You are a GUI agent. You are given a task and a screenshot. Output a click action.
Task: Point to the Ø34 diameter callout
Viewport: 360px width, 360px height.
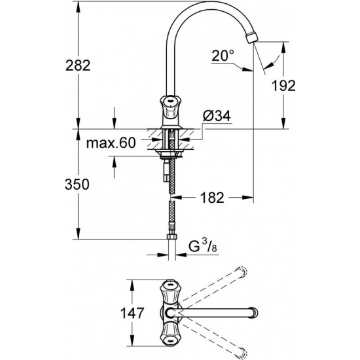(x=217, y=116)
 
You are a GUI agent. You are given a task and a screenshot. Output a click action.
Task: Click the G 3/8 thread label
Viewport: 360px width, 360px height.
(x=200, y=246)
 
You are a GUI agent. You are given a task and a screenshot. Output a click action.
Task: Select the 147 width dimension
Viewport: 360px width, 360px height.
(x=134, y=313)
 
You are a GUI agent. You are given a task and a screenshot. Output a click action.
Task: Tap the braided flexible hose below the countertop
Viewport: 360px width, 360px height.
(x=173, y=209)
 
